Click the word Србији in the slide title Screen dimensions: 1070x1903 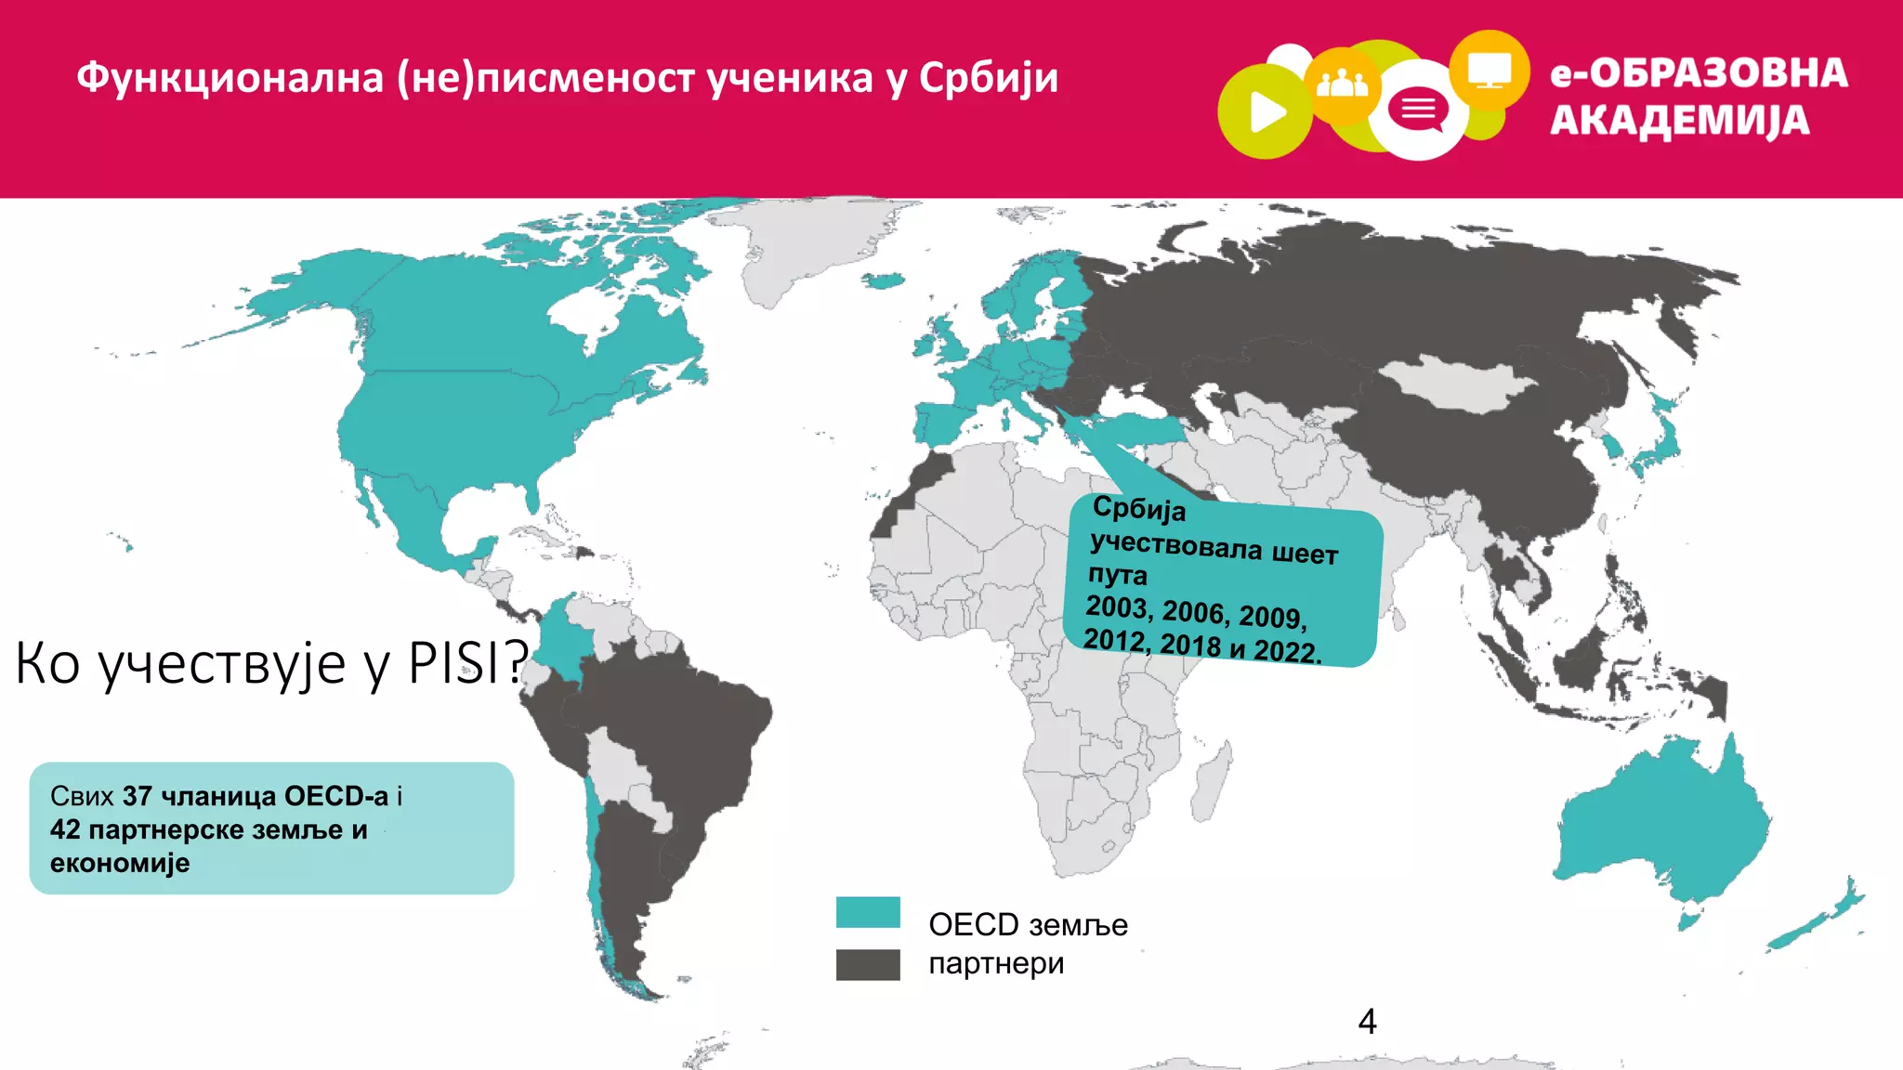tap(988, 78)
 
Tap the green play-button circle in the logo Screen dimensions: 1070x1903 tap(1264, 112)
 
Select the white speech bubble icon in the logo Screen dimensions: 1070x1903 tap(1418, 111)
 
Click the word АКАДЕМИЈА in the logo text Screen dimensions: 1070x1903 tap(1680, 122)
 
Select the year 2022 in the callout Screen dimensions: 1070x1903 tap(1287, 650)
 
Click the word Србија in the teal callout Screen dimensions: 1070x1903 tap(1139, 508)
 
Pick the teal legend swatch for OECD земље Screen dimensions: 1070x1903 tap(868, 912)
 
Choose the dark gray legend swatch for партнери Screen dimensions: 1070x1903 tap(868, 965)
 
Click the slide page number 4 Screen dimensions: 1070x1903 tap(1367, 1022)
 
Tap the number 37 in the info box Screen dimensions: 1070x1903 tap(137, 796)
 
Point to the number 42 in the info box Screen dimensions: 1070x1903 tap(65, 829)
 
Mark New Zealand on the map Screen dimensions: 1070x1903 tap(1821, 920)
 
